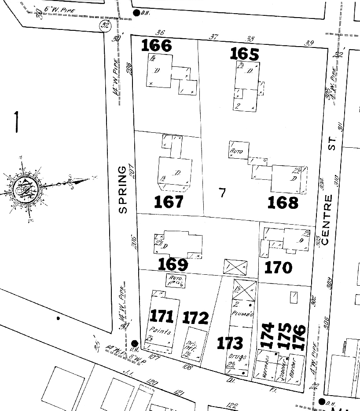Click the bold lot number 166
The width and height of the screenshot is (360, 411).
coord(156,45)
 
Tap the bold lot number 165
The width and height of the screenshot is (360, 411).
coord(245,54)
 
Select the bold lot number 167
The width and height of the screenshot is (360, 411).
coord(169,202)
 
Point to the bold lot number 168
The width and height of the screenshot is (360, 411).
coord(283,202)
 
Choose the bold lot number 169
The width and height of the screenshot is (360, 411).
coord(173,264)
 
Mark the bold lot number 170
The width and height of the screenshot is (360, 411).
coord(279,267)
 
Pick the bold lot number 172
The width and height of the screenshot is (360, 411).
coord(195,317)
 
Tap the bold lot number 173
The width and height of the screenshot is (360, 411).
coord(230,343)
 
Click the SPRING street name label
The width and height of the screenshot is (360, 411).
coord(123,189)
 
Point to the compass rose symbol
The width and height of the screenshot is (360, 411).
coord(26,189)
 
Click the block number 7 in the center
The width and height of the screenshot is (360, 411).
coord(222,192)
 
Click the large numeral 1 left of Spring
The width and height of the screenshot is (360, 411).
coord(16,122)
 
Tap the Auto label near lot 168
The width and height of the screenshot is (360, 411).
coord(237,151)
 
